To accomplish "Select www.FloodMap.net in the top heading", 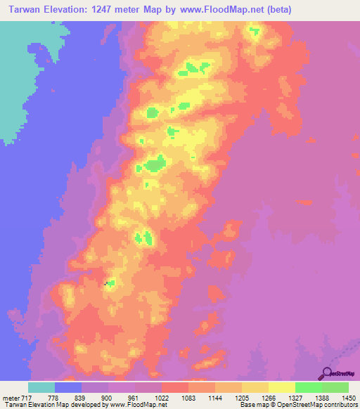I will (x=217, y=10).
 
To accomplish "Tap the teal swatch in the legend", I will (x=41, y=388).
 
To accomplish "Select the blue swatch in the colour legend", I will (x=68, y=388).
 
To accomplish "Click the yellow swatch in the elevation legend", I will (x=281, y=388).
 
